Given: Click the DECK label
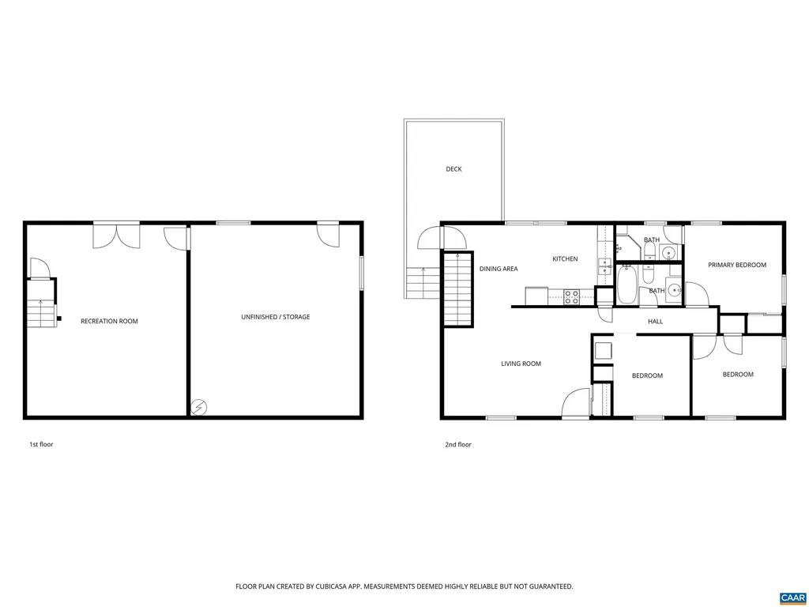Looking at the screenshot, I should point(453,169).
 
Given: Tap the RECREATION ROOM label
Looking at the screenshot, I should point(109,322).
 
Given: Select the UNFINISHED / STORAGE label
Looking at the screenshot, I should point(276,317).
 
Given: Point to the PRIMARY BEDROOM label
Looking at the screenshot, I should point(736,266).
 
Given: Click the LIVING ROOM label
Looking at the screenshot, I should point(521,364).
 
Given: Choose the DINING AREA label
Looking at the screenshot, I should point(499,269).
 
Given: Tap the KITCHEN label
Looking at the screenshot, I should point(565,259).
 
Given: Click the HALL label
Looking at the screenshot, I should point(655,322).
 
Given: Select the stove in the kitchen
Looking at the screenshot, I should point(571,297).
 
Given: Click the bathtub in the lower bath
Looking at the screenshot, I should point(627,285).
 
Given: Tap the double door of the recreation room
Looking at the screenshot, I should point(117,236).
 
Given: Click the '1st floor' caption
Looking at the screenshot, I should point(41,445).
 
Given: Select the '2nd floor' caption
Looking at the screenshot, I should point(458,445).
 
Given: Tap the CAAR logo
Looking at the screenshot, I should point(792,597).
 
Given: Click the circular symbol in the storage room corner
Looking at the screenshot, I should point(199,408).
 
